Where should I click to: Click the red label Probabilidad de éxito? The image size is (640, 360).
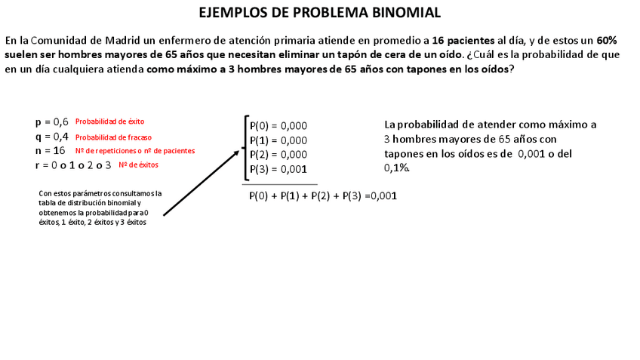click(x=109, y=122)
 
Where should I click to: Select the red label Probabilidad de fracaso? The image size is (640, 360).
click(x=113, y=137)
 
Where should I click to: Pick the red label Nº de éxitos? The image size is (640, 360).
click(x=138, y=165)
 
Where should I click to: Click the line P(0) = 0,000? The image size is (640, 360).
click(x=278, y=126)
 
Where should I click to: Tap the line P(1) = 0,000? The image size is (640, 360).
click(x=278, y=140)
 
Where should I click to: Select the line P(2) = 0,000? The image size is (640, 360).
click(x=278, y=155)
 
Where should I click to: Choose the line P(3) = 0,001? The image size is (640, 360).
click(x=278, y=169)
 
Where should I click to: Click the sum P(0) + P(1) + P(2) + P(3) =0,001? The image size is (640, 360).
click(x=322, y=196)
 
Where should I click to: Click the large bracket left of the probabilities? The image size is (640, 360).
click(x=245, y=147)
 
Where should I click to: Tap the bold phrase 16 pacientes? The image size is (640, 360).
click(x=463, y=40)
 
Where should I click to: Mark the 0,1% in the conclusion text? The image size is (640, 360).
click(x=397, y=168)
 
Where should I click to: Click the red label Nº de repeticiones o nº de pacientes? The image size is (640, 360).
click(x=135, y=151)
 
